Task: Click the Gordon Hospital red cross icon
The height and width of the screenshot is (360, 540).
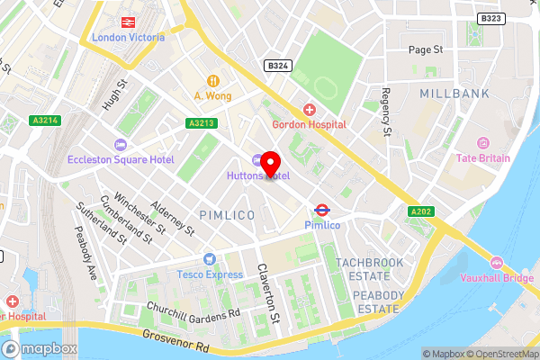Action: point(310,110)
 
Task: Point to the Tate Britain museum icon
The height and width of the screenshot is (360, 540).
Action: point(482,143)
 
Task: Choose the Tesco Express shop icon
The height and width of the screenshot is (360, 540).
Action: point(210,259)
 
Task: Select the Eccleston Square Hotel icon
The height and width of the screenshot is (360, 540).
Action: point(120,145)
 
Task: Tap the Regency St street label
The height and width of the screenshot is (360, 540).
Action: point(385,112)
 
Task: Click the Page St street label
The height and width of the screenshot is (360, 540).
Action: point(426,50)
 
